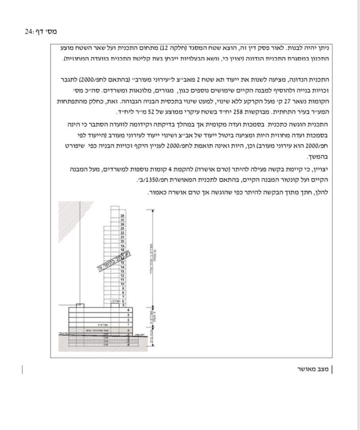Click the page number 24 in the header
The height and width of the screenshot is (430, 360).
[29, 32]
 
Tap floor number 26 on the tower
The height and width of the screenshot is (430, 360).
[122, 216]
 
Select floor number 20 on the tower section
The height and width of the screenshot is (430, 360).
[122, 241]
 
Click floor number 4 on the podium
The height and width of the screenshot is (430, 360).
[128, 310]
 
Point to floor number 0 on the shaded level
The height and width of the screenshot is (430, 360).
[128, 330]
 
